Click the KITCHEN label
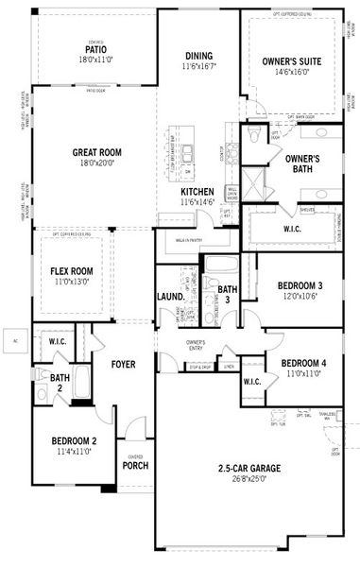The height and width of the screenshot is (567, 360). [198, 192]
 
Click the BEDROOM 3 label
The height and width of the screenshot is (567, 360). [300, 285]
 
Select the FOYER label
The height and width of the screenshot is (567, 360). [124, 364]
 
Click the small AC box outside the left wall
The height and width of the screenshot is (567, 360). [15, 339]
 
